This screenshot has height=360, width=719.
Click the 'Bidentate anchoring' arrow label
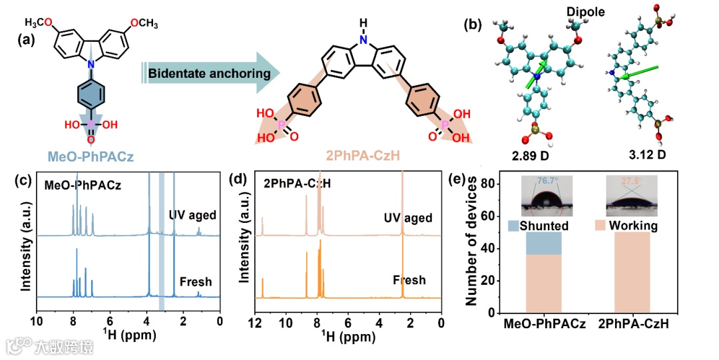pos(204,73)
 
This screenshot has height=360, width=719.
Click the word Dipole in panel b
pos(581,13)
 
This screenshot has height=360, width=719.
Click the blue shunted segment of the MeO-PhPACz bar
pos(543,243)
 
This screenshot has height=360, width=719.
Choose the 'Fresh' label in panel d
pos(409,280)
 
